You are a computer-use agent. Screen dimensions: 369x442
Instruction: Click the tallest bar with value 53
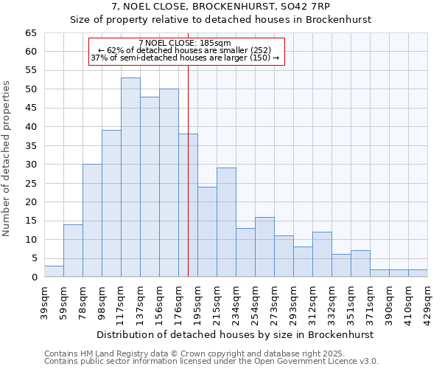[130, 177]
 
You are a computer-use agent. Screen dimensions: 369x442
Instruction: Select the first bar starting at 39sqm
[54, 271]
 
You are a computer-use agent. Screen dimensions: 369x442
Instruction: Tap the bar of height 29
[226, 222]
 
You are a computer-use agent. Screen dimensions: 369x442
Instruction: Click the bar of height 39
[111, 204]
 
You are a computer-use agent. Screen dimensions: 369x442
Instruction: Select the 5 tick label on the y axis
[33, 259]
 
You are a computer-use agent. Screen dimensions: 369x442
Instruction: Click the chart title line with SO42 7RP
[221, 6]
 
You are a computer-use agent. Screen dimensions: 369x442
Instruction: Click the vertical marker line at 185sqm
[188, 184]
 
